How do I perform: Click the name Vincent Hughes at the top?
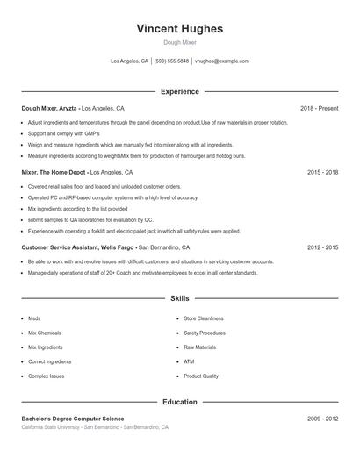pyautogui.click(x=179, y=29)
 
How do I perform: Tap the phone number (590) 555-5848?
pyautogui.click(x=172, y=61)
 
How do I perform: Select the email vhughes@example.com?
pyautogui.click(x=222, y=61)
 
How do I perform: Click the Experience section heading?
pyautogui.click(x=179, y=91)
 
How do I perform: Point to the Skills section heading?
pyautogui.click(x=179, y=299)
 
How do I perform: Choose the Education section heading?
pyautogui.click(x=179, y=402)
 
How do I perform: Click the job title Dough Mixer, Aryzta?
pyautogui.click(x=49, y=108)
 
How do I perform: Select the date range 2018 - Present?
pyautogui.click(x=319, y=108)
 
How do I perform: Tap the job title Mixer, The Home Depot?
pyautogui.click(x=54, y=173)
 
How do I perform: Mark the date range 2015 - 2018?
pyautogui.click(x=322, y=173)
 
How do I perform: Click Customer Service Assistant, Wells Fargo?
pyautogui.click(x=79, y=248)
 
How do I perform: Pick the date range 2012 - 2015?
pyautogui.click(x=322, y=248)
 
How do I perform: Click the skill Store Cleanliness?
pyautogui.click(x=203, y=319)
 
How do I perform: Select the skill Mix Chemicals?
pyautogui.click(x=44, y=333)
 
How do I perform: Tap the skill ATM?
pyautogui.click(x=189, y=361)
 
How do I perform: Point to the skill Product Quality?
pyautogui.click(x=201, y=376)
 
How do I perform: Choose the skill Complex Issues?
pyautogui.click(x=46, y=376)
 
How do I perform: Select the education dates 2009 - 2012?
pyautogui.click(x=322, y=419)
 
